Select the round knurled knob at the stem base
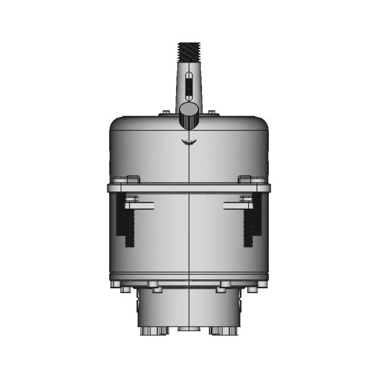(188, 116)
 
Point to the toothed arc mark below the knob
(188, 142)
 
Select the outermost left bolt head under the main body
(124, 289)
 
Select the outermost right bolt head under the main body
(253, 289)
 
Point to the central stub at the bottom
(188, 329)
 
